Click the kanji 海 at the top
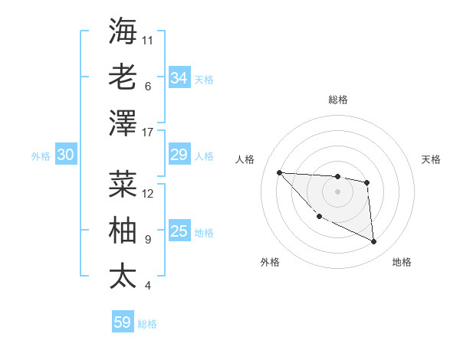[x=123, y=31]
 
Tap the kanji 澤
[x=123, y=123]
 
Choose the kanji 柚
[x=123, y=230]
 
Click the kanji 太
[x=123, y=276]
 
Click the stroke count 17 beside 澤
[x=149, y=133]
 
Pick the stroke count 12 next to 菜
[x=149, y=194]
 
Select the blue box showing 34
[x=179, y=78]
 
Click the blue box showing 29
[x=179, y=155]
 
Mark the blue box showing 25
[x=179, y=231]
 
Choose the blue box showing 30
[x=65, y=155]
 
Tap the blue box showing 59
[x=122, y=322]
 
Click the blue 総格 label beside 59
[x=147, y=324]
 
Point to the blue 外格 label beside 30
[x=41, y=156]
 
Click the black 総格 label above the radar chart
[x=337, y=100]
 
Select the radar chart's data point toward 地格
[x=373, y=242]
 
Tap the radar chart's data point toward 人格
[x=279, y=172]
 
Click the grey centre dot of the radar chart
[x=337, y=191]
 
